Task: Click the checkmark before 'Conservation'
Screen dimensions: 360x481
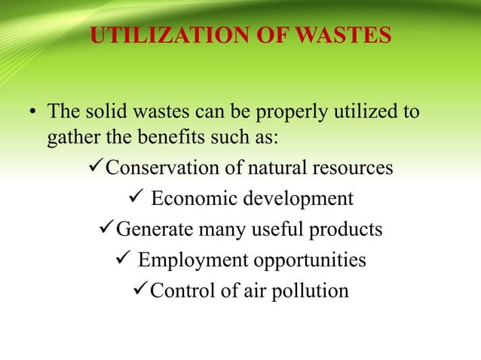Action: [95, 166]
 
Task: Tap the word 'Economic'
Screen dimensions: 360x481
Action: [193, 199]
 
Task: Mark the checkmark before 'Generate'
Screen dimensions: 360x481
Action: [106, 227]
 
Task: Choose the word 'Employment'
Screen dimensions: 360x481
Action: [188, 261]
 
